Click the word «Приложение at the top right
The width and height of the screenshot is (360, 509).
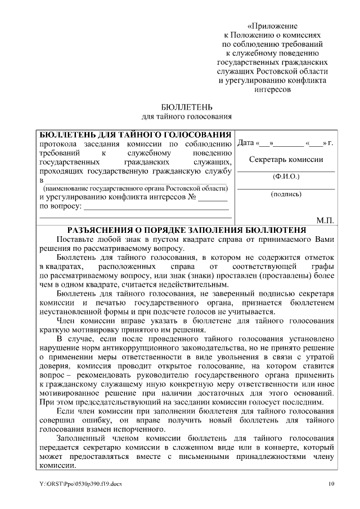point(273,26)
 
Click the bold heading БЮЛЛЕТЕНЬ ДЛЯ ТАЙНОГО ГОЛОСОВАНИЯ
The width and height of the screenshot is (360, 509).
point(134,135)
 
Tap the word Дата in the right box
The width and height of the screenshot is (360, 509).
point(246,143)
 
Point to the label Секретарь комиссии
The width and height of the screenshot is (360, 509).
point(286,159)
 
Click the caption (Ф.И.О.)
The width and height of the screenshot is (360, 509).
point(286,177)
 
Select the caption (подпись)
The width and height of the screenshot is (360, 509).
point(286,194)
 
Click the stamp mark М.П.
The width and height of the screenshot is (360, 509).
point(325,220)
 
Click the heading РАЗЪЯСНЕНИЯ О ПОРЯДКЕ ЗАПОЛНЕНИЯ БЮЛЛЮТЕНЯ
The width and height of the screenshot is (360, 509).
point(186,230)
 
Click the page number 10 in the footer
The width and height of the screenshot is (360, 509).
point(331,484)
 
